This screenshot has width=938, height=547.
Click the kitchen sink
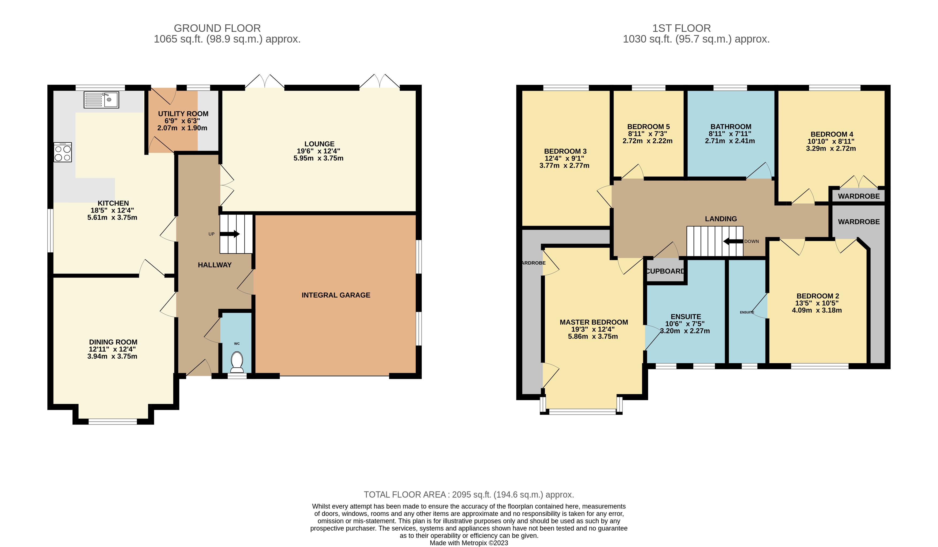[x=101, y=100]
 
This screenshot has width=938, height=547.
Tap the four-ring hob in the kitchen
[x=63, y=152]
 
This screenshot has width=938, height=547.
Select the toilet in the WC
[x=237, y=362]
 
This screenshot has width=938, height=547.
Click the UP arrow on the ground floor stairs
[x=230, y=234]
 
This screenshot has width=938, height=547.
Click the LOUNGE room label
[x=319, y=144]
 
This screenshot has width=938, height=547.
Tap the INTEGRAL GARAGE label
[x=336, y=295]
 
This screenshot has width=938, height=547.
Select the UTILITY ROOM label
[x=183, y=113]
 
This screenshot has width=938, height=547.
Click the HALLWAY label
[x=215, y=265]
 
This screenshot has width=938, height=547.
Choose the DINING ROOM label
[x=113, y=342]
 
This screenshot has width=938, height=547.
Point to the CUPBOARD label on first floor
[x=665, y=271]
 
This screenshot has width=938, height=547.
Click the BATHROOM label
[x=731, y=127]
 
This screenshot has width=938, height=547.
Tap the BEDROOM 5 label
[x=648, y=127]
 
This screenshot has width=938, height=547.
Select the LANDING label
[x=721, y=219]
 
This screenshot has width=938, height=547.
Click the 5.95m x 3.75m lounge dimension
[x=318, y=158]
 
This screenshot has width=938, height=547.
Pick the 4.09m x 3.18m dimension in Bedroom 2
[x=817, y=310]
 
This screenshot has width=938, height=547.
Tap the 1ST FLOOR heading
[x=681, y=28]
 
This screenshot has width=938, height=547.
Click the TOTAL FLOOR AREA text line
[x=469, y=495]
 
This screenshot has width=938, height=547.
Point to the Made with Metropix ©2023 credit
[x=469, y=543]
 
